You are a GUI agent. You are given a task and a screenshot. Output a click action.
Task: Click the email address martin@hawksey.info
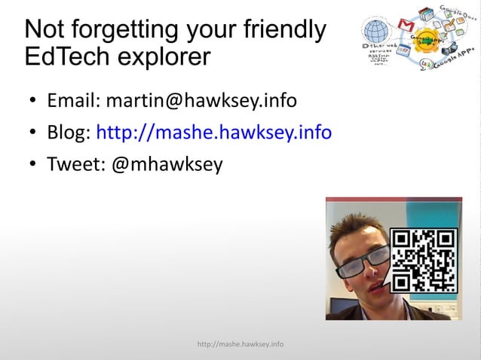point(201,100)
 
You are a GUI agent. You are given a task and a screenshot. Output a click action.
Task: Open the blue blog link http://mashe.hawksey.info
point(214,133)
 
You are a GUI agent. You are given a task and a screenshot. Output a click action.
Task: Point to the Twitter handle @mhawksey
point(167,164)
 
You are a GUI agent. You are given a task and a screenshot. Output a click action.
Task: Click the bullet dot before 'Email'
point(33,101)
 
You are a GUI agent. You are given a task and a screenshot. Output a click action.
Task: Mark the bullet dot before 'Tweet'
point(33,165)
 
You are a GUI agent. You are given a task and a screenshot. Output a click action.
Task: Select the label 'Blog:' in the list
point(69,133)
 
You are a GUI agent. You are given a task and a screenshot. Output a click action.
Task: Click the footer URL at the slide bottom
point(240,344)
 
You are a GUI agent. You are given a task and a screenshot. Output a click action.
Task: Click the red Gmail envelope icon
point(406,25)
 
